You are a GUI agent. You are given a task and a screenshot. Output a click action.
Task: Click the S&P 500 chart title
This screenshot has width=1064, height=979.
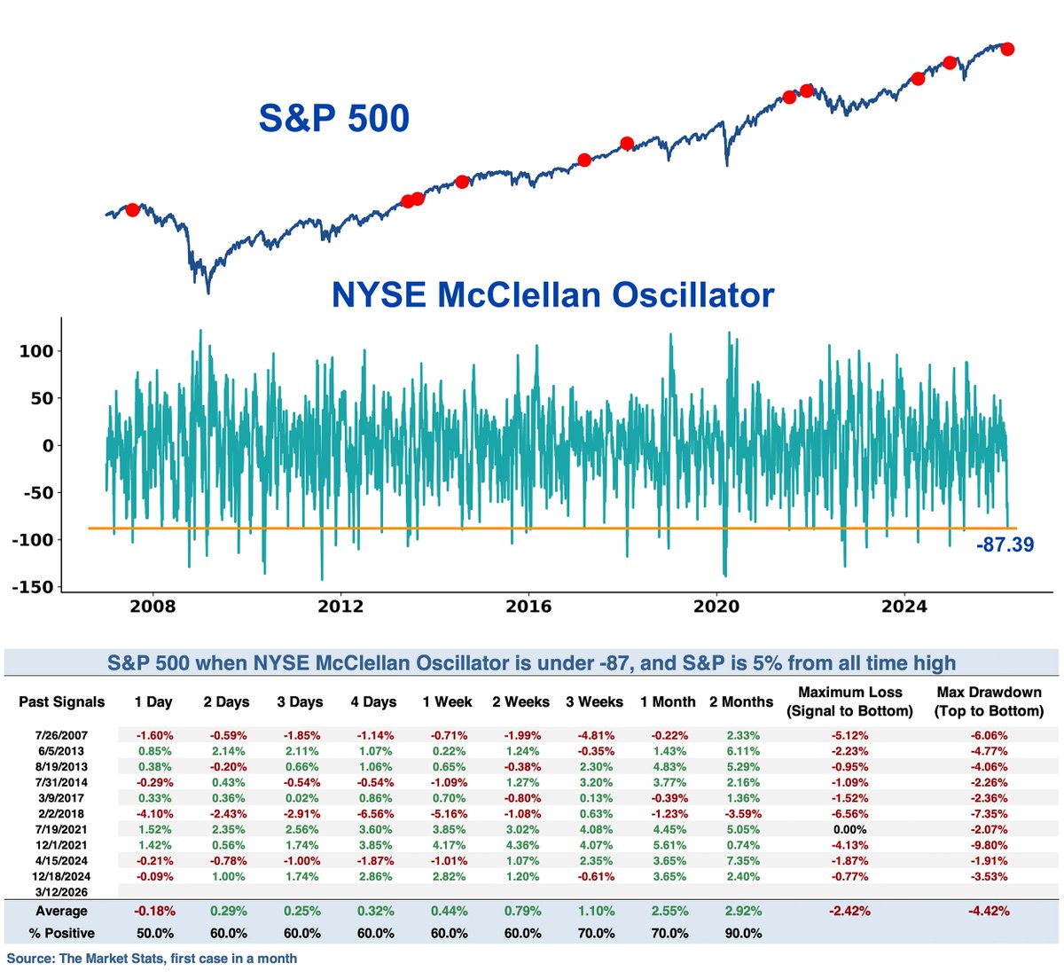333,119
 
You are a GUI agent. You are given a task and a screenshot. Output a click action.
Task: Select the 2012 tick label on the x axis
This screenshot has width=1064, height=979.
340,607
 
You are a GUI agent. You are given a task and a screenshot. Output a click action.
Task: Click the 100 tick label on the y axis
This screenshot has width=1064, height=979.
36,351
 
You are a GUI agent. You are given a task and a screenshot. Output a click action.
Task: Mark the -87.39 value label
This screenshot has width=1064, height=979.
1005,544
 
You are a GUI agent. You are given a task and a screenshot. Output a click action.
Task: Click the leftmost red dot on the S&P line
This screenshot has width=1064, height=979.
132,210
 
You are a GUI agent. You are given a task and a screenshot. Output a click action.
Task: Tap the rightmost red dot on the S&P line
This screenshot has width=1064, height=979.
1006,49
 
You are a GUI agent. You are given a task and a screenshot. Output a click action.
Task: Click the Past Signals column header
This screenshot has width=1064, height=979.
62,702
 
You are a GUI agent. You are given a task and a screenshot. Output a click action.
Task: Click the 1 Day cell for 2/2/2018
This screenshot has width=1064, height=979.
154,814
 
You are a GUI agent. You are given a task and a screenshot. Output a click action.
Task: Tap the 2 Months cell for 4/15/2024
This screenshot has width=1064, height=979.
743,861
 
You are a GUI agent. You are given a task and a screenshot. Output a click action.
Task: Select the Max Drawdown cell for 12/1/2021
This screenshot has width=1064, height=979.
989,845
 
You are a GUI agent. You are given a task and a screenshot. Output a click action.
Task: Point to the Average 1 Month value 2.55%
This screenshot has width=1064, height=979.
669,911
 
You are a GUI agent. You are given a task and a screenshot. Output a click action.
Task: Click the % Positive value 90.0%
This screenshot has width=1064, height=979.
743,933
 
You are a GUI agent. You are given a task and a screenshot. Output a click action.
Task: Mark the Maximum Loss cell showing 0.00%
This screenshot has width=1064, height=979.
849,830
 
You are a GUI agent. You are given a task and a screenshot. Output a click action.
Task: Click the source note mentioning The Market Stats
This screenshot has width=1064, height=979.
152,959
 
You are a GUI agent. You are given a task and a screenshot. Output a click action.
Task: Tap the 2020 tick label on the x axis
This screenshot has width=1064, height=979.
716,607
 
